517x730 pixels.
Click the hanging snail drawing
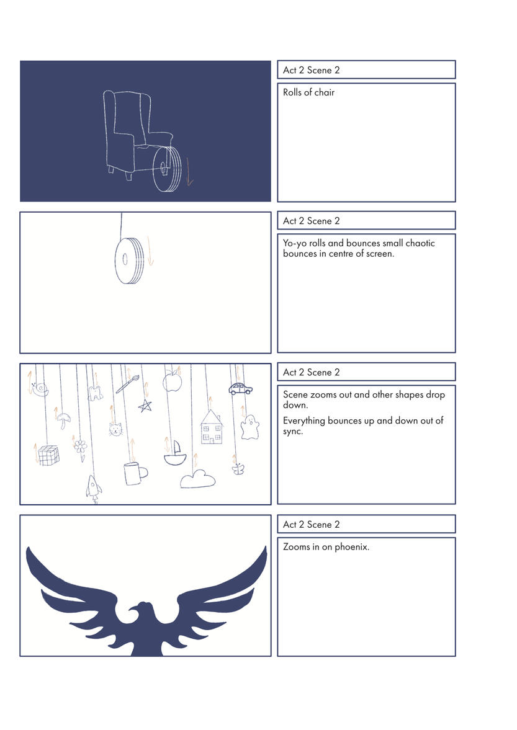40,389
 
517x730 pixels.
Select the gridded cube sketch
48,455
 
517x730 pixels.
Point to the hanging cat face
115,429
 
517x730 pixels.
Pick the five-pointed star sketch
145,406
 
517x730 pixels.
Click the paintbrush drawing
128,384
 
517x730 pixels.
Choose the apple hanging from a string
172,382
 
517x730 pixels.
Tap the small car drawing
240,388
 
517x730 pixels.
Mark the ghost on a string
250,427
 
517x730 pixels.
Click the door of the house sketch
212,440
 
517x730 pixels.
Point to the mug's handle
143,473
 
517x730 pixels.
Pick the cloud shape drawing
198,479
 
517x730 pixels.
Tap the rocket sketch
94,489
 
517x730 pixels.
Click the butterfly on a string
238,469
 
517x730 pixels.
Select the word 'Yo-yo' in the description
294,243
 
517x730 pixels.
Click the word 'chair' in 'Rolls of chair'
324,92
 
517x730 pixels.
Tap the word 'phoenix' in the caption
352,546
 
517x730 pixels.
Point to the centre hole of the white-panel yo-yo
125,259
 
